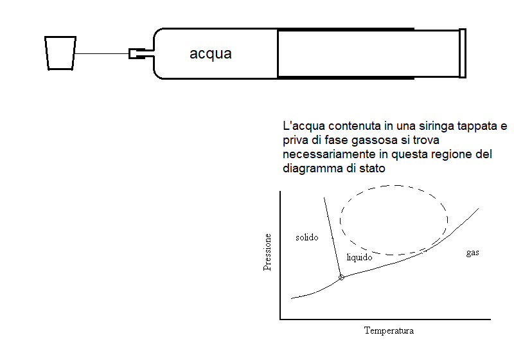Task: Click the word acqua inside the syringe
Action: coord(211,54)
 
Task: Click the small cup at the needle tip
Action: coord(60,53)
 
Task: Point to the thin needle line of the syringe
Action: coord(102,53)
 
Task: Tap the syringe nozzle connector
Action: coord(137,53)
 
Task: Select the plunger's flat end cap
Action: coord(463,53)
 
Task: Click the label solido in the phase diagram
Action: coord(307,237)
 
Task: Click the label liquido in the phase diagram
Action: coord(360,257)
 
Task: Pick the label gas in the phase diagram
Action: coord(473,253)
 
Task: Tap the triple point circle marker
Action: coord(341,277)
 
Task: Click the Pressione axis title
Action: coord(267,252)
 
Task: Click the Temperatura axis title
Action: coord(389,330)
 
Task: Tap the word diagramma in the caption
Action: coord(313,168)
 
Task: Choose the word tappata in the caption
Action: coord(477,126)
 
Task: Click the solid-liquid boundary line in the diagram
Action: coord(332,237)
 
